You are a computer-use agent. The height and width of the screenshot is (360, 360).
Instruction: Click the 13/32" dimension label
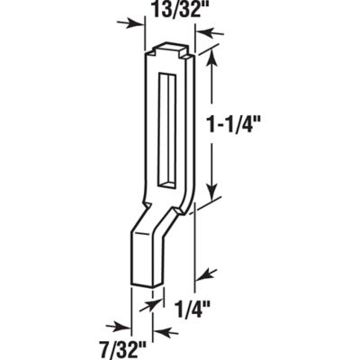(166, 15)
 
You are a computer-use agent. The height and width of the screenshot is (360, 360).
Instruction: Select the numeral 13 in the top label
(151, 15)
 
